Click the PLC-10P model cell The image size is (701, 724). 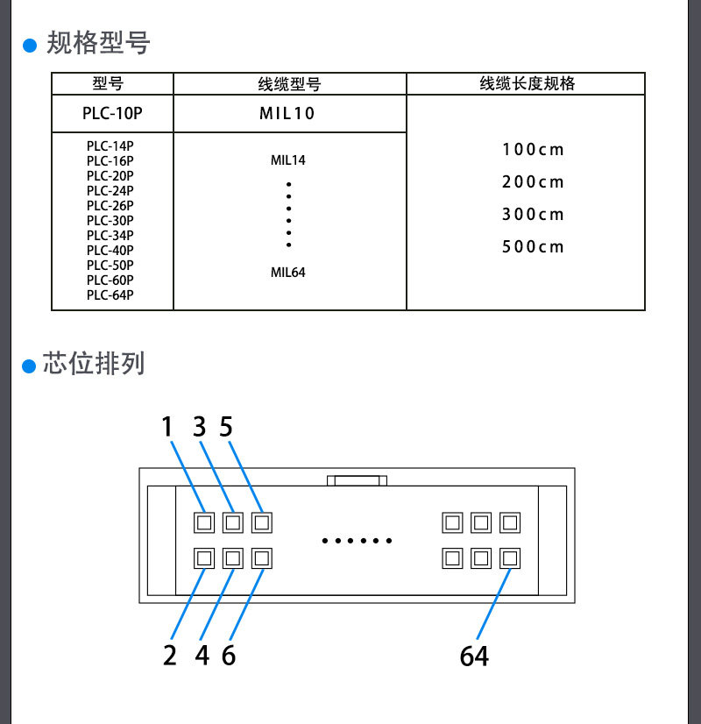point(112,113)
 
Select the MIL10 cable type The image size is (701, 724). point(287,113)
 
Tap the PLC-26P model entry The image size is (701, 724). point(110,205)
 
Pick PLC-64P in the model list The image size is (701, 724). point(110,295)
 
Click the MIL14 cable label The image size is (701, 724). point(288,160)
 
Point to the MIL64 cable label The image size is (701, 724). point(288,273)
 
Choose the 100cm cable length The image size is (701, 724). point(533,150)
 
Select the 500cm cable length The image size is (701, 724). point(533,247)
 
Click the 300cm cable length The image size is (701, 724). point(533,214)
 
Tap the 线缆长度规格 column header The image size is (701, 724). point(528,83)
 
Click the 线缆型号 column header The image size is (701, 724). point(289,84)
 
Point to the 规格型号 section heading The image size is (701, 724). point(98,43)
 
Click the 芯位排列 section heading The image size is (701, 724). point(94,363)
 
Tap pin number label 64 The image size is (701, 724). point(474,656)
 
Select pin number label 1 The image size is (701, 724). point(167,426)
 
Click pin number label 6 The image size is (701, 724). point(229,656)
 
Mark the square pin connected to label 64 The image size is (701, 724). point(510,558)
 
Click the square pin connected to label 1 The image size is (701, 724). point(204,522)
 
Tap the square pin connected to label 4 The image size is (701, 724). point(233,558)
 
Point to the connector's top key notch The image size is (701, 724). point(357,480)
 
